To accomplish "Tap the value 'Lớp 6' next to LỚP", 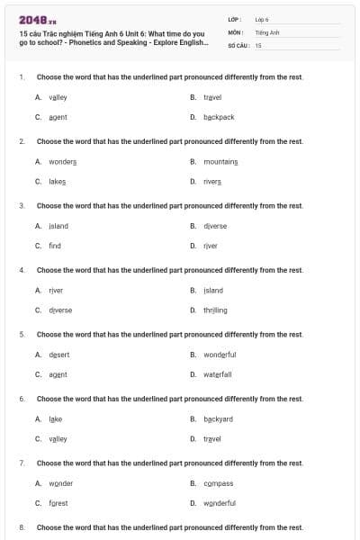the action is coord(262,19).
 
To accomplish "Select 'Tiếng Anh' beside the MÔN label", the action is coord(265,31).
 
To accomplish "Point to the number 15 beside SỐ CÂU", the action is coord(258,44).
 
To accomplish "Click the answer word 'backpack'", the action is coord(219,117).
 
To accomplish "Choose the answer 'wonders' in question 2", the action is coord(62,161).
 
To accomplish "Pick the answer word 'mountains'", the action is coord(220,161).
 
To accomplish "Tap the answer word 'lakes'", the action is coord(58,181).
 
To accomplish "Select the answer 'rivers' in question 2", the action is coord(212,181).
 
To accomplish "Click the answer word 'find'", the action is coord(55,245).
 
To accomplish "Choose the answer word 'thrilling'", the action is coord(215,310).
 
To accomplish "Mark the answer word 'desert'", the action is coord(58,354).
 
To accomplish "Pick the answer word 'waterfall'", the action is coord(218,373).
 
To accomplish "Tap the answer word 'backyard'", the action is coord(219,418).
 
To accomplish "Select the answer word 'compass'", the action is coord(218,483).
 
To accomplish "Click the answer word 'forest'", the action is coord(58,503).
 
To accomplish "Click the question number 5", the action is coord(22,334).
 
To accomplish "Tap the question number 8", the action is coord(22,526).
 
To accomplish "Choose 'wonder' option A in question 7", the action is coord(60,483).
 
